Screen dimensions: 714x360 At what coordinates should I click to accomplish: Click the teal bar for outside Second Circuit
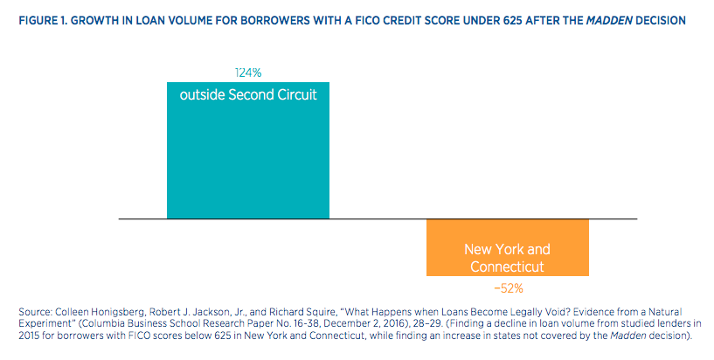click(248, 150)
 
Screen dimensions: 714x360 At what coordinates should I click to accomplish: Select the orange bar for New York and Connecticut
click(507, 247)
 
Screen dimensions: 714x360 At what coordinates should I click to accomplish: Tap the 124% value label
click(248, 73)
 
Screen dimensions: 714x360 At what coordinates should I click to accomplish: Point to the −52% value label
click(508, 288)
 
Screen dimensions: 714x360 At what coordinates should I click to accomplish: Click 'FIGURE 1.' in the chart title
click(43, 20)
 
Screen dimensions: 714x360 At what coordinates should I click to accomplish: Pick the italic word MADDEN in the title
click(609, 20)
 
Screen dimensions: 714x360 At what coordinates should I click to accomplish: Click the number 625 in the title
click(512, 20)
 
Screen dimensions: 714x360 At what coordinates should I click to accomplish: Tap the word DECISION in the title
click(661, 20)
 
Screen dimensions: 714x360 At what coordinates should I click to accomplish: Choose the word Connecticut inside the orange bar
click(507, 267)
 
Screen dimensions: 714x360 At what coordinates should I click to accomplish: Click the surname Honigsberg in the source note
click(118, 312)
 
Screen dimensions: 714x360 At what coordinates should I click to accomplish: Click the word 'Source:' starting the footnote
click(36, 312)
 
